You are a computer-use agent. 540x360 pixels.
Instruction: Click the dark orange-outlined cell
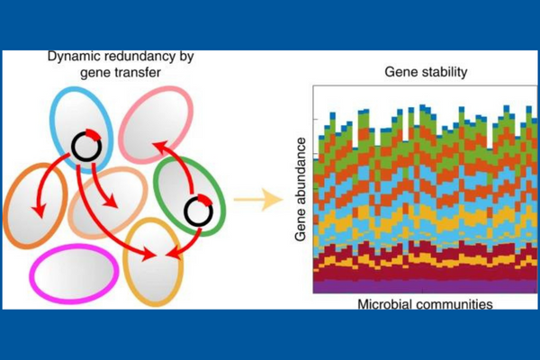coord(34,206)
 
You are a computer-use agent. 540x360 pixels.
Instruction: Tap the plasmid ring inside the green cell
coord(198,211)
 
